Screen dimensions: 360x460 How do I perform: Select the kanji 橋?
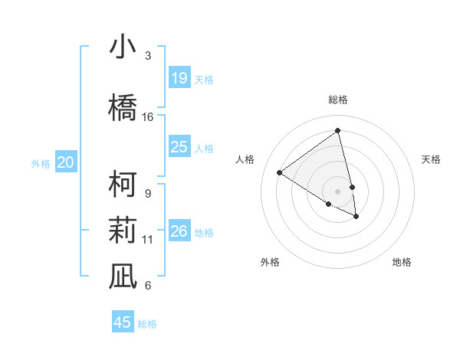click(x=123, y=106)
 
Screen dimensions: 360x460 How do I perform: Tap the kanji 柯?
click(x=123, y=185)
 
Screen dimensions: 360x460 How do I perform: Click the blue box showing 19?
click(x=179, y=78)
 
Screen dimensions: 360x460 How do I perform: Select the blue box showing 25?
click(x=179, y=147)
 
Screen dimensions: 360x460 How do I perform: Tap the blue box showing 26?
click(x=179, y=231)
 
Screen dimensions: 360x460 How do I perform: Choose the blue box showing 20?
click(x=66, y=162)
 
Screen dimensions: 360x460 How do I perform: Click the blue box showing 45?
click(x=123, y=322)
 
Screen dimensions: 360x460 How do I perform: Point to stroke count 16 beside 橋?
click(x=148, y=117)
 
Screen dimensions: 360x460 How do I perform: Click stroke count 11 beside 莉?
click(x=148, y=240)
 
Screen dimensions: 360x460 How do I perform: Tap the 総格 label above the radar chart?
click(x=337, y=100)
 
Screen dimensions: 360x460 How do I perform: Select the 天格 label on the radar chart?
click(x=431, y=159)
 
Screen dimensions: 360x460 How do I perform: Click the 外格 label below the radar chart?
click(x=270, y=262)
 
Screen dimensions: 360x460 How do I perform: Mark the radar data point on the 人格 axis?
click(x=280, y=172)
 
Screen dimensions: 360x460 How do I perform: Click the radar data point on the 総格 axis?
click(x=337, y=130)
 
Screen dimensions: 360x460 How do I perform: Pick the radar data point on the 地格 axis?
click(x=356, y=217)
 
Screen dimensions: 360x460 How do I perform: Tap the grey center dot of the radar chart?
click(x=337, y=191)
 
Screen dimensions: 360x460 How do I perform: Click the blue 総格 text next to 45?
click(x=147, y=324)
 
